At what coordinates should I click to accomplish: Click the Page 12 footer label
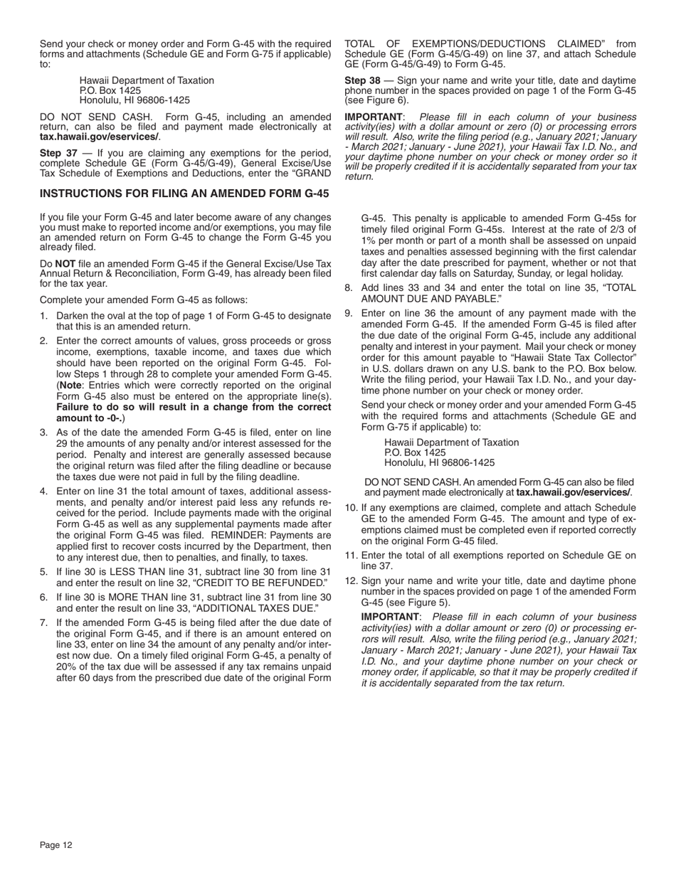pos(56,845)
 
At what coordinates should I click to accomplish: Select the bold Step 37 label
pos(58,153)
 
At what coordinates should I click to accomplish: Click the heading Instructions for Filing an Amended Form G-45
pos(184,193)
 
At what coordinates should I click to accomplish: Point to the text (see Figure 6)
pos(376,100)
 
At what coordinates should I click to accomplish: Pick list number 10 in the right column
pos(351,507)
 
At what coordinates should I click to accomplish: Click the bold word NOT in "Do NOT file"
pos(65,263)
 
